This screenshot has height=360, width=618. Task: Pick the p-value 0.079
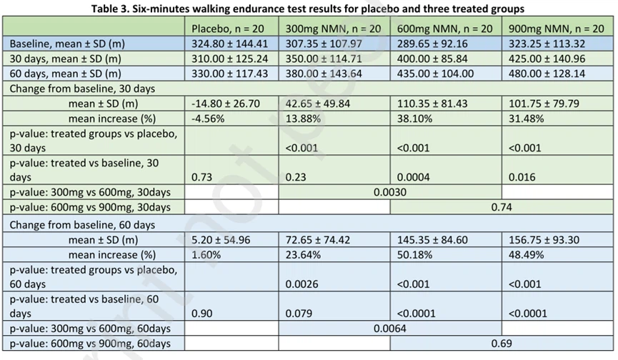click(299, 314)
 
